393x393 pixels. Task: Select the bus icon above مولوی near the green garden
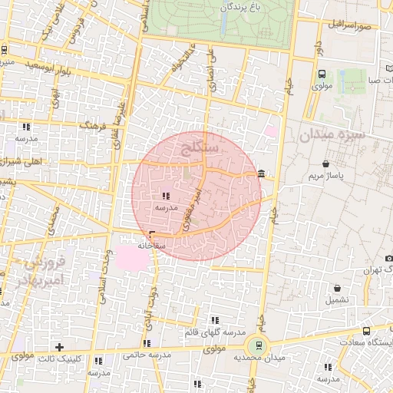pos(321,74)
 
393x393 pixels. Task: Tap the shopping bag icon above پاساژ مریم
pos(328,163)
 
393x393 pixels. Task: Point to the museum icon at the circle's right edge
pos(263,173)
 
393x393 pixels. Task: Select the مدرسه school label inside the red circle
pos(167,207)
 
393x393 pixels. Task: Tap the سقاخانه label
pos(151,246)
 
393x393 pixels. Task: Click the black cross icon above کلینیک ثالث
pos(59,347)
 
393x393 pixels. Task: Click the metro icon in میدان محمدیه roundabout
pos(259,345)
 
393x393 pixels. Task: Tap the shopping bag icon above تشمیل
pos(335,287)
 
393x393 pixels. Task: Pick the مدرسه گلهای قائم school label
pos(213,332)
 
